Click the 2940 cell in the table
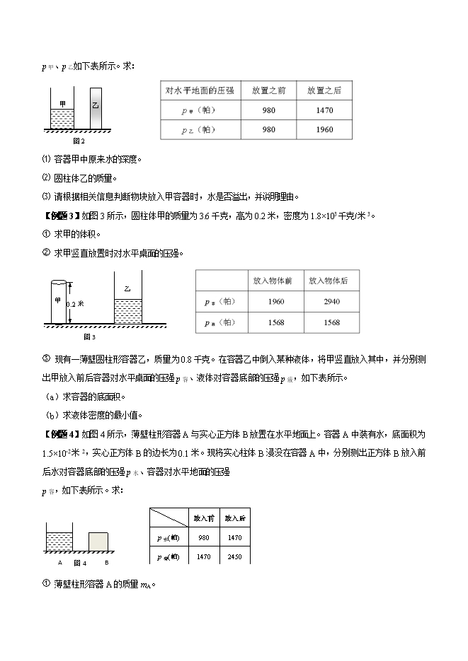(x=331, y=302)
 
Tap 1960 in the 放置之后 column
(x=324, y=129)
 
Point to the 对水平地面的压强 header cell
(x=200, y=90)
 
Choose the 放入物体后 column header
(x=331, y=281)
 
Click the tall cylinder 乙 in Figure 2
(x=96, y=107)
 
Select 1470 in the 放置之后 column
(x=324, y=110)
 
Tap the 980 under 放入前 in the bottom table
(x=204, y=538)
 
